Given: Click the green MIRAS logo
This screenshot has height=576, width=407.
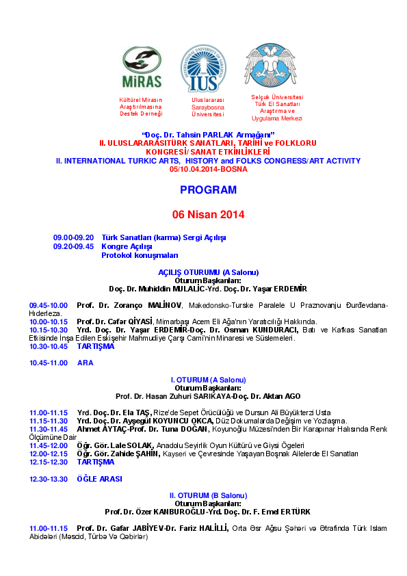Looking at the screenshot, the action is point(142,68).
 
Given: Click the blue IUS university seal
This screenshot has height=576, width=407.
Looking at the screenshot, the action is point(204,68).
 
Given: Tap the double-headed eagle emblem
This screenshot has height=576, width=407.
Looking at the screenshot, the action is point(270,66).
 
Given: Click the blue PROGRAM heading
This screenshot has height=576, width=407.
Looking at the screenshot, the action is point(208,190).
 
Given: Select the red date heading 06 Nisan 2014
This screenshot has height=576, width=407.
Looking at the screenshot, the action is point(208,215).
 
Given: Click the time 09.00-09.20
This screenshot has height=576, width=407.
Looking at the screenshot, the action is point(73,237).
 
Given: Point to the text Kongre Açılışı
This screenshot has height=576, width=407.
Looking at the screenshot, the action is point(127,246).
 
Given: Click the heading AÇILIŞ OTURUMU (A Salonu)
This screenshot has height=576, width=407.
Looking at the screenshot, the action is point(208,272).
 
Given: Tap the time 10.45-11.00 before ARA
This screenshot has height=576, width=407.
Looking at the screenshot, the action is point(49,363).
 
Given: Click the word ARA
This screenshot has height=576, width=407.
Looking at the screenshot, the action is point(86,363).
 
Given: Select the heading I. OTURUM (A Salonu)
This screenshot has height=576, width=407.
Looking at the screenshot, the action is point(208,380).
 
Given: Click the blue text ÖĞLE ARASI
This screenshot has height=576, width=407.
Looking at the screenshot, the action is point(100,479).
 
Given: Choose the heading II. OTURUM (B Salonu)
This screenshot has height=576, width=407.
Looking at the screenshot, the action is point(208,495).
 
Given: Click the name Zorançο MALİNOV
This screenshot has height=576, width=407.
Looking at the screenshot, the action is point(148,305).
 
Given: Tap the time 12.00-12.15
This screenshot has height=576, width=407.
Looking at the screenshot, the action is point(49,454).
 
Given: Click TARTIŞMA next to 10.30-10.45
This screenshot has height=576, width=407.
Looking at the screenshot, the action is point(96,346).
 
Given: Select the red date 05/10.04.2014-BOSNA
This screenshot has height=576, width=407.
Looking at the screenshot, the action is point(208,170).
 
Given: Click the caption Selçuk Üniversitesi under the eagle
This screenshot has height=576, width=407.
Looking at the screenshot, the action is point(277,97).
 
